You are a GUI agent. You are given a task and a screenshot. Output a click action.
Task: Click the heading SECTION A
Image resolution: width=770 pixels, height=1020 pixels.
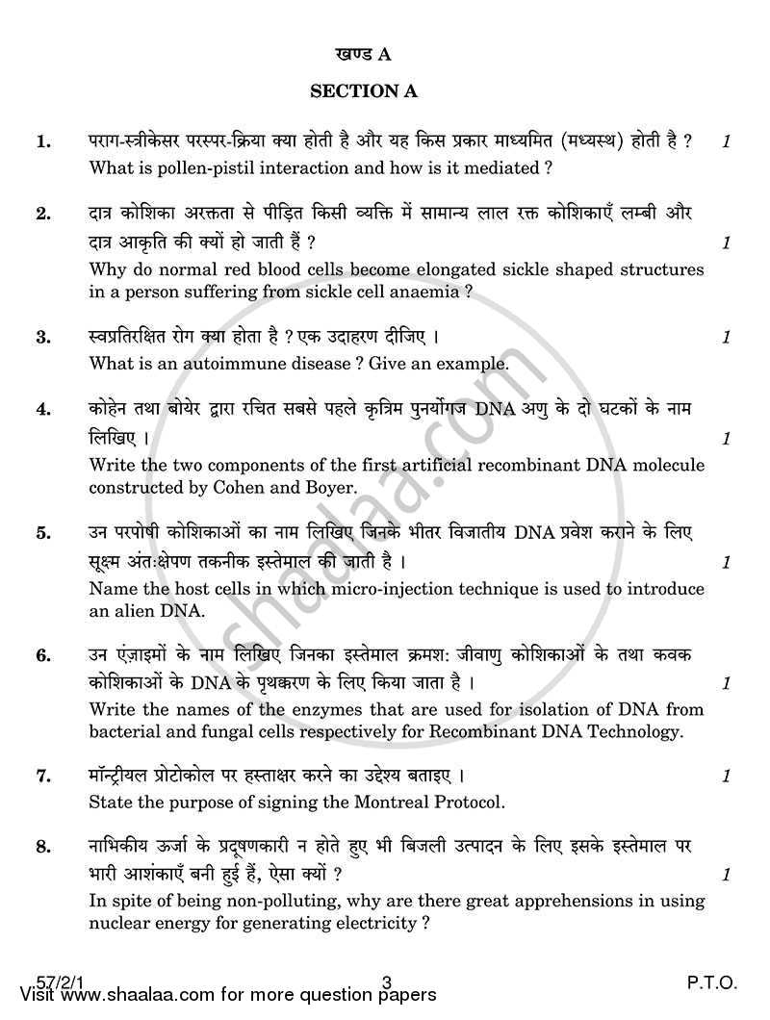pos(362,91)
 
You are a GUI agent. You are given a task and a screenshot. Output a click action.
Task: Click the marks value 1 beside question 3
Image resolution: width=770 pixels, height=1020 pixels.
pos(727,338)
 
